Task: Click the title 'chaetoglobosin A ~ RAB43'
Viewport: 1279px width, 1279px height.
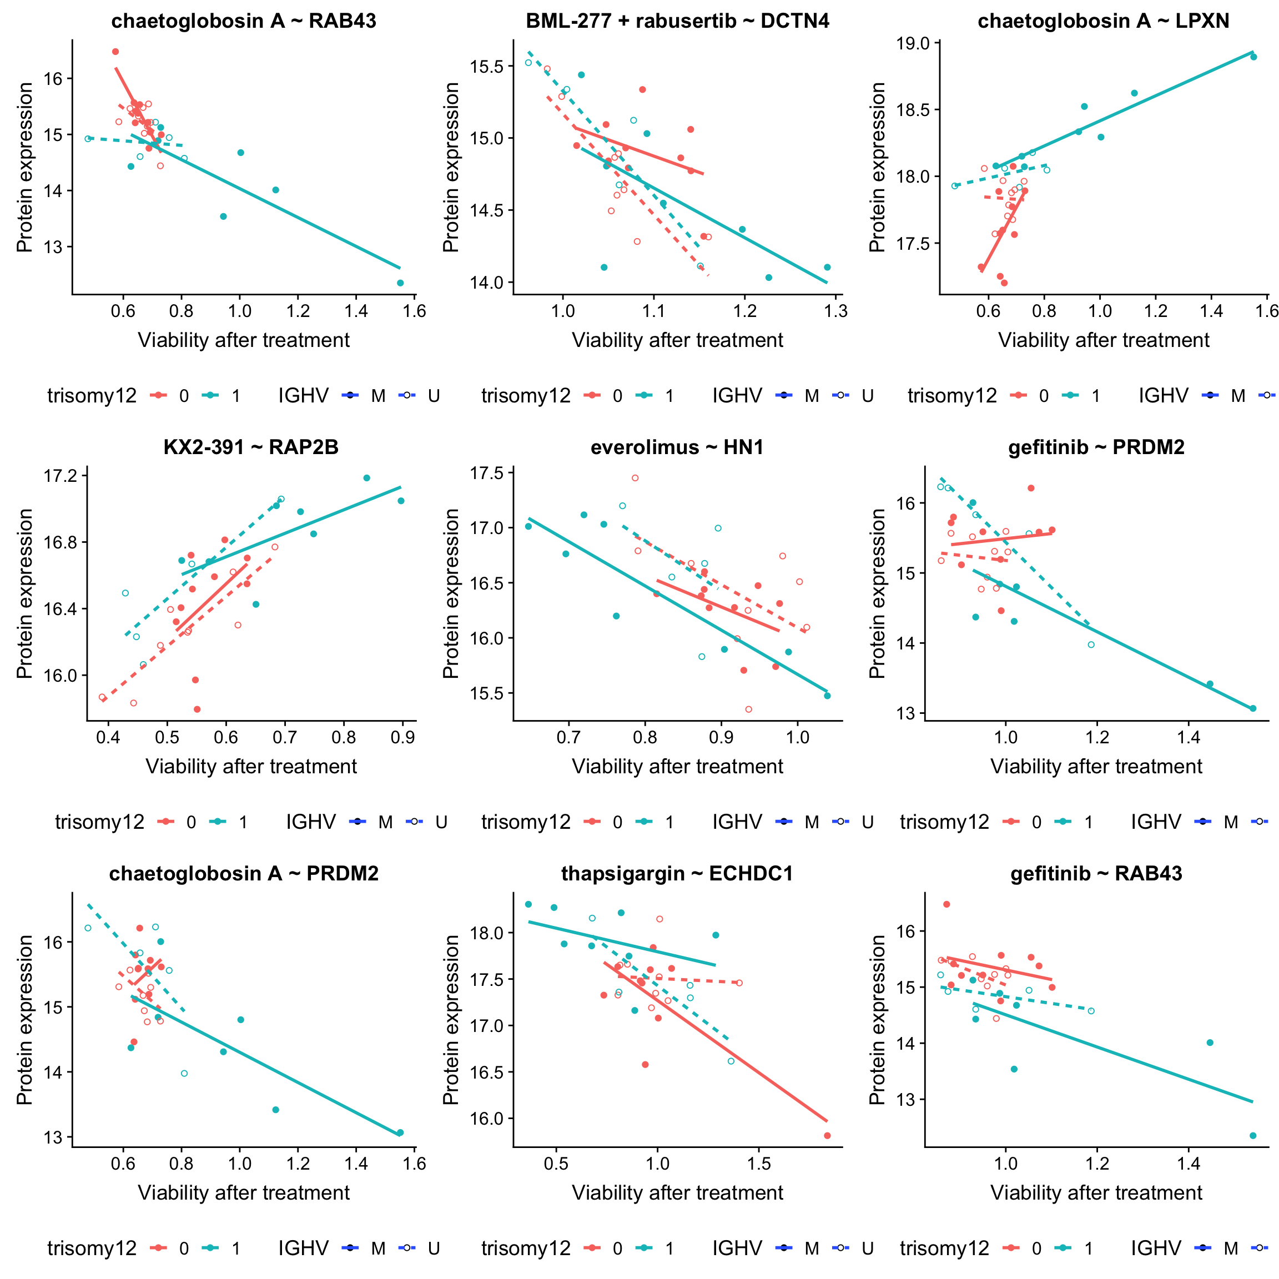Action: coord(243,21)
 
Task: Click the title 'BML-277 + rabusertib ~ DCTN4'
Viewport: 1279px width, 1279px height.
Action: coord(677,21)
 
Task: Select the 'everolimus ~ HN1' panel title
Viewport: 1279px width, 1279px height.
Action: coord(677,447)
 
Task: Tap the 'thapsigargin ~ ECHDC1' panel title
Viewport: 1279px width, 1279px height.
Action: coord(677,874)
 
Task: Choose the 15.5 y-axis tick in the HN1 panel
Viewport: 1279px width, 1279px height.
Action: coord(487,694)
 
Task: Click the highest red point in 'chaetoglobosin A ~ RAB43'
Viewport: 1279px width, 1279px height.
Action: coord(115,52)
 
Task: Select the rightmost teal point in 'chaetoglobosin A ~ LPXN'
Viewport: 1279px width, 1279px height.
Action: coord(1253,57)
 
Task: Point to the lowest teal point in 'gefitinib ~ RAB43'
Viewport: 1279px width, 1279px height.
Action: coord(1252,1136)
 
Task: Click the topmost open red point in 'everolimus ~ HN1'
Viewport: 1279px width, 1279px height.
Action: coord(635,478)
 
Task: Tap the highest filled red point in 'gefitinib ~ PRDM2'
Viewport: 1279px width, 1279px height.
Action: coord(1031,488)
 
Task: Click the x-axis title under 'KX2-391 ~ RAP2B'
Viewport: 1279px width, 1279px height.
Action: coord(251,767)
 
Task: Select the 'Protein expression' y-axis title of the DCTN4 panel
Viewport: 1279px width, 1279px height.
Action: coord(451,168)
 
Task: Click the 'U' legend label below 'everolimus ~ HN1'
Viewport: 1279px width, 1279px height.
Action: coord(867,822)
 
